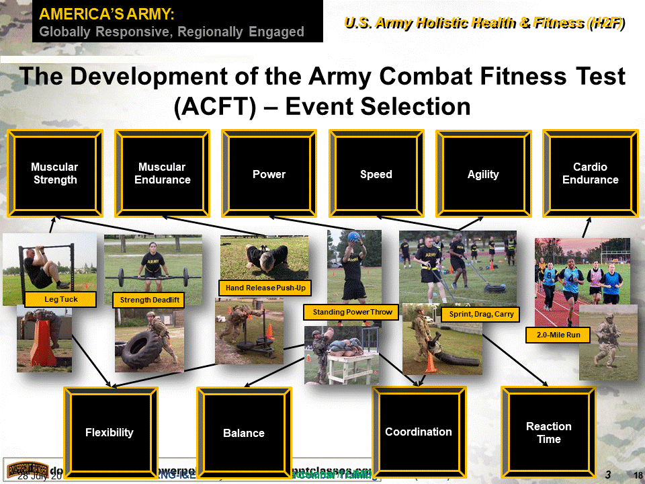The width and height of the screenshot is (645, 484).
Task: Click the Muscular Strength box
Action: (x=55, y=173)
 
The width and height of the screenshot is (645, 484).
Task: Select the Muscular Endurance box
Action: (x=162, y=173)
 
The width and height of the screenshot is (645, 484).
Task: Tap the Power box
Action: (x=269, y=174)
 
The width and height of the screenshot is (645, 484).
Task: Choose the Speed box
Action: (x=376, y=174)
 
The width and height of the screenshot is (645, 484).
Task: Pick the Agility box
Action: (x=483, y=174)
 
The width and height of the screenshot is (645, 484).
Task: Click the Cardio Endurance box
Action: (x=590, y=173)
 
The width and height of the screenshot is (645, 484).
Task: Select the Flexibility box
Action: (x=110, y=432)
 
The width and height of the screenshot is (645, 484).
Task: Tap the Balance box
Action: (x=243, y=433)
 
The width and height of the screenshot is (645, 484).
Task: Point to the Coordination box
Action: (x=419, y=432)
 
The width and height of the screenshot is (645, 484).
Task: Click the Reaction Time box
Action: (x=549, y=432)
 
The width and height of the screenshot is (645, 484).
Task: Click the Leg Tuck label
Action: (x=61, y=299)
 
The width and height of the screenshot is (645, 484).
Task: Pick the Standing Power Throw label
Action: (x=351, y=312)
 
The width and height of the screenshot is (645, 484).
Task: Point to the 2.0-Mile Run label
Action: (x=558, y=334)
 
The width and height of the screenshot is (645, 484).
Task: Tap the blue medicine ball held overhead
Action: (x=353, y=237)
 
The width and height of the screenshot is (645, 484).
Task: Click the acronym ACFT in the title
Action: (x=214, y=106)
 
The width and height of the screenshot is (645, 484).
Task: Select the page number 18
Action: (x=638, y=475)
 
